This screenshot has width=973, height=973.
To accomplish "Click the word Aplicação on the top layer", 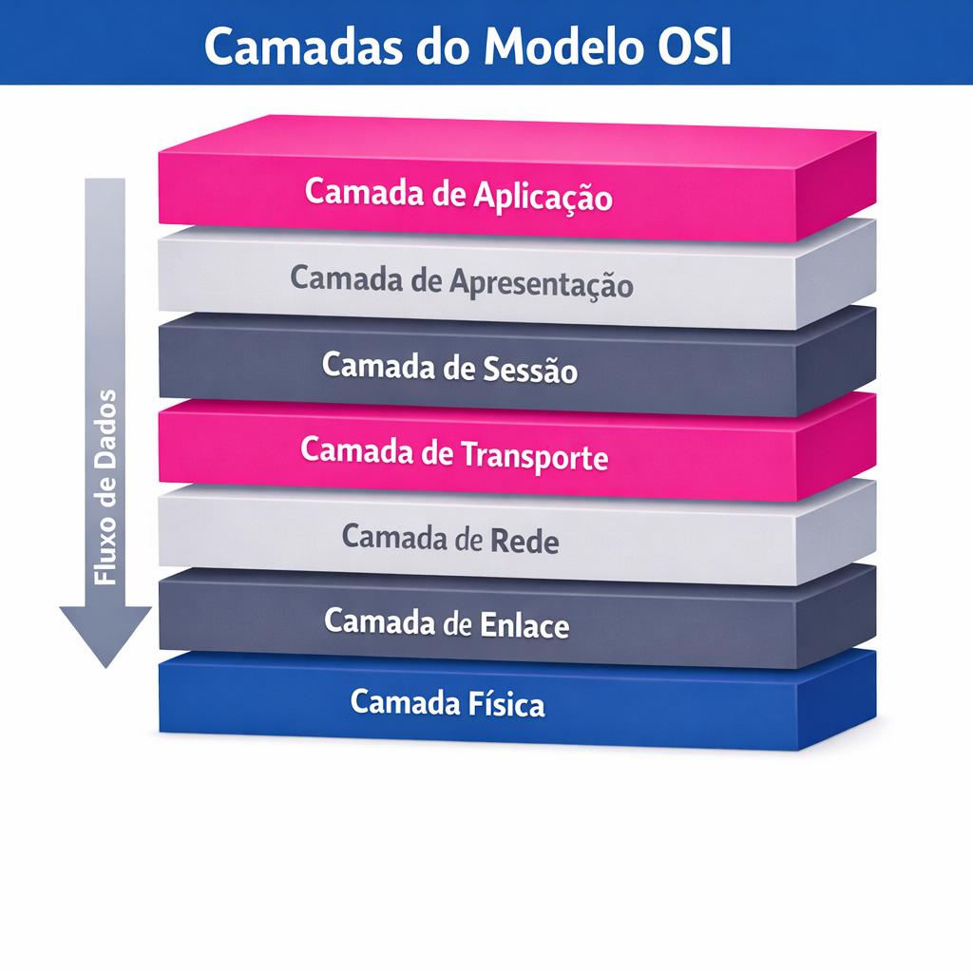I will point(542,196).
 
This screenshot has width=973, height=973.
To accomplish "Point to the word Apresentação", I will point(542,282).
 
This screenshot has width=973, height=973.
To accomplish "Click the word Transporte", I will point(533,455).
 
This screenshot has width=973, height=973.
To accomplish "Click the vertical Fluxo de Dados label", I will point(105,486).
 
